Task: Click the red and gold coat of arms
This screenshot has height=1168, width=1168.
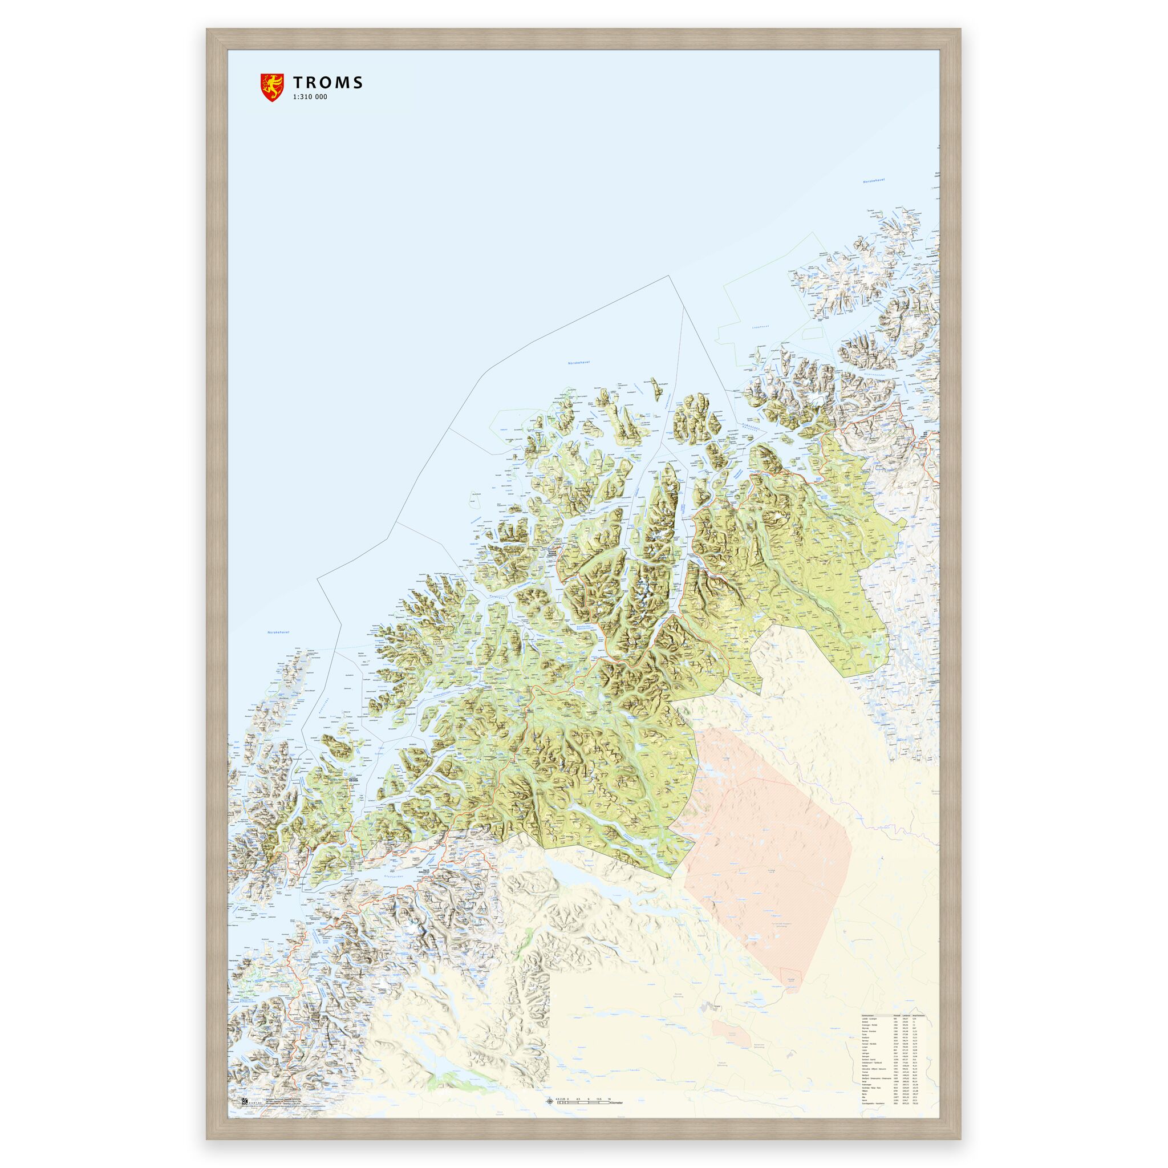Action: tap(271, 87)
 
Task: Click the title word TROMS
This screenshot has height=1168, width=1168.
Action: tap(328, 83)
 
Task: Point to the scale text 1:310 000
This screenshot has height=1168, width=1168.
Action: tap(310, 98)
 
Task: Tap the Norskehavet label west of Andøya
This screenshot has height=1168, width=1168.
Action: tap(279, 633)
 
